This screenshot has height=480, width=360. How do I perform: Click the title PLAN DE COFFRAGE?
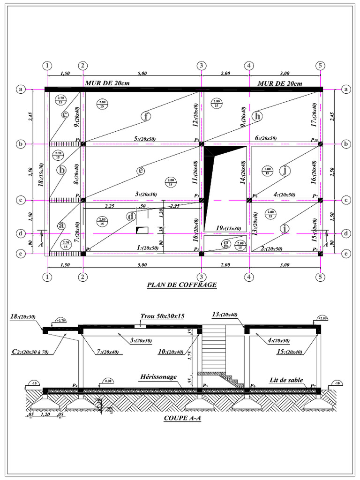coord(182,284)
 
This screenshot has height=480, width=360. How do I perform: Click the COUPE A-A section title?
coord(182,419)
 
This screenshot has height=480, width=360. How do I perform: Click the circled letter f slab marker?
coord(147,117)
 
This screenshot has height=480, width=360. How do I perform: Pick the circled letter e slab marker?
coord(140,171)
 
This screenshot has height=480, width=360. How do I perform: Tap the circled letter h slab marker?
coord(257,116)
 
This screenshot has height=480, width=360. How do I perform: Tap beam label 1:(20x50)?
coord(147,247)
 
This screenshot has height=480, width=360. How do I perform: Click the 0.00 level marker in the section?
coord(108,381)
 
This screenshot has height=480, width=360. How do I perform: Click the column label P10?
coord(315,140)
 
